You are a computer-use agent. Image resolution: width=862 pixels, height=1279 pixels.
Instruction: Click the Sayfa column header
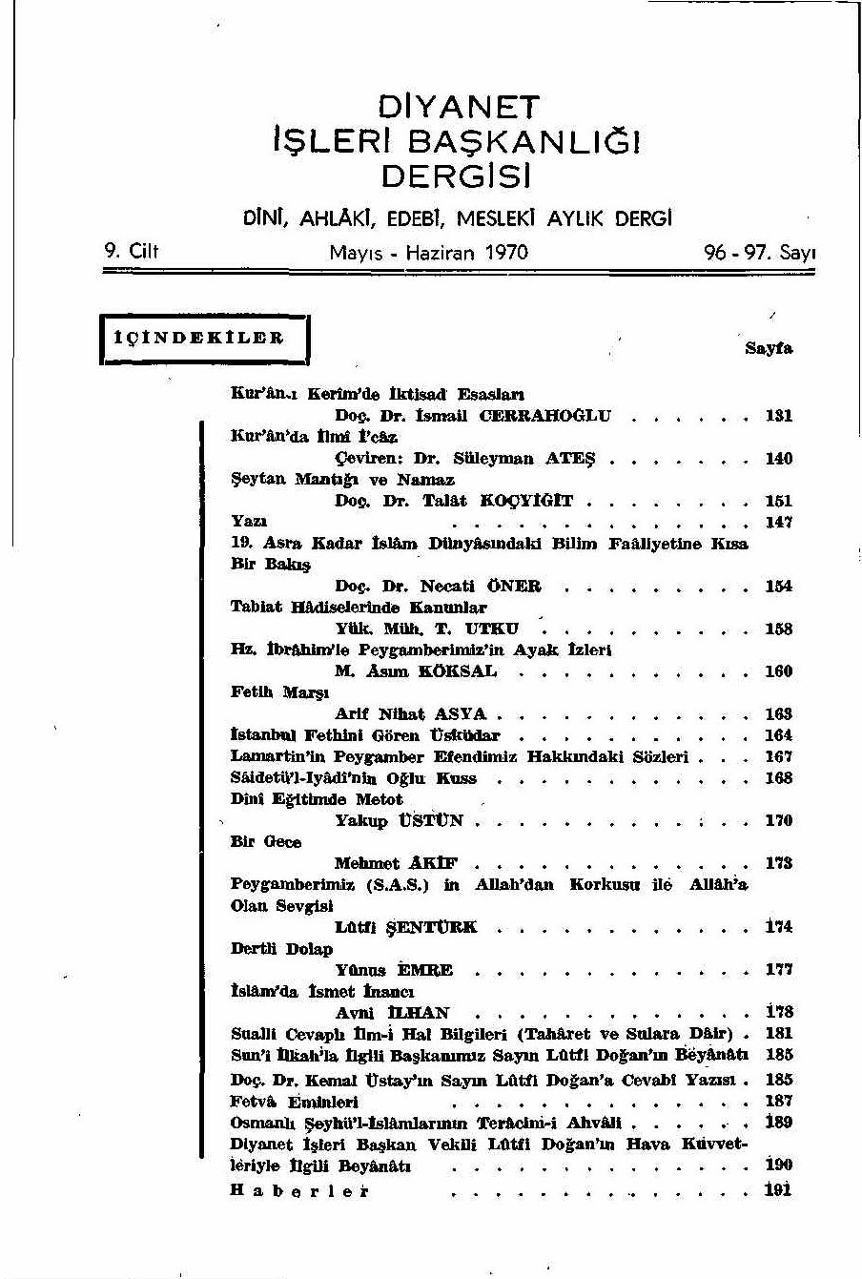pyautogui.click(x=768, y=349)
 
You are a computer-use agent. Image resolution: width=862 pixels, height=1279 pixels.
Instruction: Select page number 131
pyautogui.click(x=778, y=416)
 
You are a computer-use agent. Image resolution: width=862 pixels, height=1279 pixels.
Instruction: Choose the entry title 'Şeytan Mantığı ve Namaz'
pyautogui.click(x=342, y=480)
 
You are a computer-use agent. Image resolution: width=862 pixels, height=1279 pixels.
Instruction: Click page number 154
pyautogui.click(x=778, y=587)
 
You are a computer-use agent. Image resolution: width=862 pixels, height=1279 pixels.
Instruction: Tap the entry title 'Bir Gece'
pyautogui.click(x=266, y=842)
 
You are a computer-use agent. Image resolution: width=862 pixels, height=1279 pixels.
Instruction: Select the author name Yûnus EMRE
pyautogui.click(x=394, y=971)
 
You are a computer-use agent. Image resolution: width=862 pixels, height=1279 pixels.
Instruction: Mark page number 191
pyautogui.click(x=778, y=1190)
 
